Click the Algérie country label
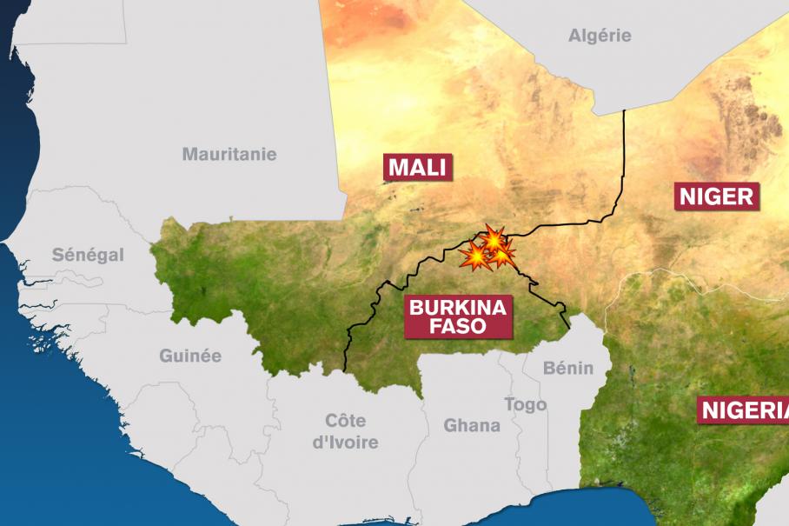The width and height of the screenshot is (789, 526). coord(600,36)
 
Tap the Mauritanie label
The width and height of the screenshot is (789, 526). coord(229,154)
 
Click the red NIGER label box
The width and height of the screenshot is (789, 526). coord(717,196)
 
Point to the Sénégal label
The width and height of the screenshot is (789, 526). coord(88,255)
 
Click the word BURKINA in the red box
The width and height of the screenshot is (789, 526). coord(458,307)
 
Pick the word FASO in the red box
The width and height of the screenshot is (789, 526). coord(458,327)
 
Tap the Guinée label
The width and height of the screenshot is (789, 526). coord(190,356)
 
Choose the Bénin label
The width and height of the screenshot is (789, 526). coord(567,368)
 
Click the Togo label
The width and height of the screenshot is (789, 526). coord(526,404)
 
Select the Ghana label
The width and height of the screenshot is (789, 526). coord(472,425)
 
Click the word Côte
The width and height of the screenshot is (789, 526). coord(345,422)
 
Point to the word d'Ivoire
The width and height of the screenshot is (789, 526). coord(345,443)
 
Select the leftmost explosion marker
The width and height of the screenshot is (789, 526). coord(475,256)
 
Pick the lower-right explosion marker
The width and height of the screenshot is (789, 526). coord(502,254)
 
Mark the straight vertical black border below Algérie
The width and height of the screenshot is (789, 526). coord(625,156)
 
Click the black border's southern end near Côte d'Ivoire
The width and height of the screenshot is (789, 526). coord(346,370)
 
